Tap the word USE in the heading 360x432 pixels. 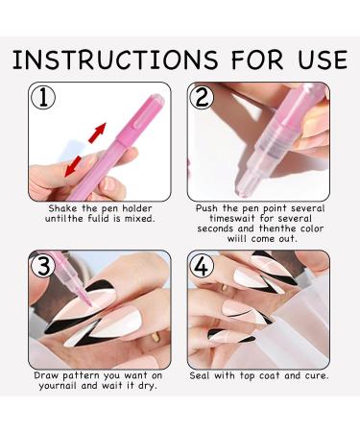323,60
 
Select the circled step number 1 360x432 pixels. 43,97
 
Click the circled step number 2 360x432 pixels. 202,97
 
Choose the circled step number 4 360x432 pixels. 202,265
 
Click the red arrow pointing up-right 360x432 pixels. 97,132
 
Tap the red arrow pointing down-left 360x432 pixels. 73,166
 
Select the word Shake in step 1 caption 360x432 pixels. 62,208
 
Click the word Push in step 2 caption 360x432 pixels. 207,208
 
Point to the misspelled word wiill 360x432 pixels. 238,239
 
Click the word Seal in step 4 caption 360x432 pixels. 200,375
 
